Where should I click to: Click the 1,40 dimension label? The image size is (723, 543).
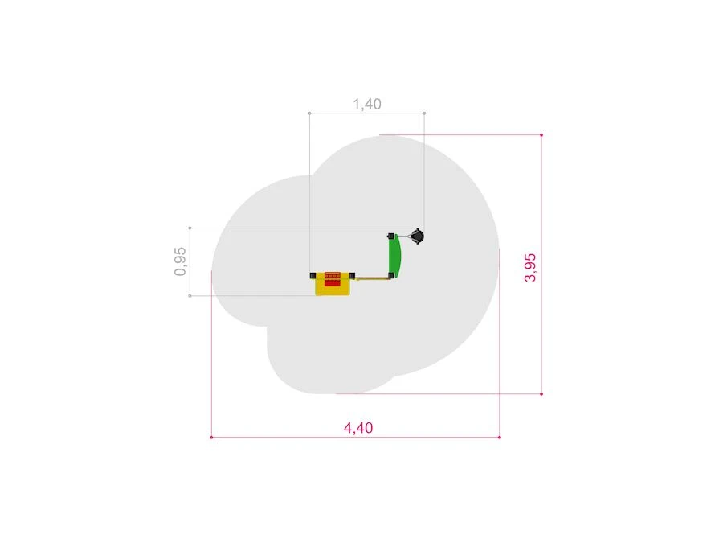point(367,104)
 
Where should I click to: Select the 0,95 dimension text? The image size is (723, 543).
point(180,261)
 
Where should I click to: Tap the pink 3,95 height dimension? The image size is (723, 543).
point(530,267)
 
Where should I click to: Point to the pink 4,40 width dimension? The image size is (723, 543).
point(358,428)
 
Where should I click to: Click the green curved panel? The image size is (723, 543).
point(394,255)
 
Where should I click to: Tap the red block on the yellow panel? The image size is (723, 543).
point(333,279)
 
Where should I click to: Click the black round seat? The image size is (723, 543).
point(417,237)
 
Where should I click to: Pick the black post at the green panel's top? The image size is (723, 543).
point(391,236)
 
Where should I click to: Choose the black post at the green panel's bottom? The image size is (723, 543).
point(391,276)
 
